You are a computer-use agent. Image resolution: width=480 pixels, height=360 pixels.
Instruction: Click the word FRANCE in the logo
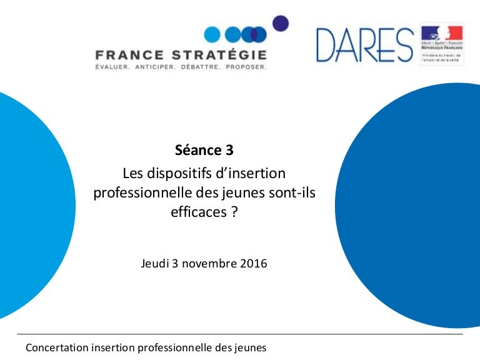128,54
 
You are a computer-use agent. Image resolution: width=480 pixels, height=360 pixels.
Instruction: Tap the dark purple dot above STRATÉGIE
281,23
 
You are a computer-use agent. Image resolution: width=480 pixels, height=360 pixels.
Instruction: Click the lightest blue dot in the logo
212,34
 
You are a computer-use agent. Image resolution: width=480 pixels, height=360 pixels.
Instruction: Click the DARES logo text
364,45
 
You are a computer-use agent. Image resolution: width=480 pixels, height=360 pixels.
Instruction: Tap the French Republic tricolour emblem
441,32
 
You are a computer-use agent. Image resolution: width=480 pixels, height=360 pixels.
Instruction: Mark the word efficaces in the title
198,212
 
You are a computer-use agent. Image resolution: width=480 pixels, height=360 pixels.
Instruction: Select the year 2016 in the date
253,263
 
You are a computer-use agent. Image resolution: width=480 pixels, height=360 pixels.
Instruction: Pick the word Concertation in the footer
56,347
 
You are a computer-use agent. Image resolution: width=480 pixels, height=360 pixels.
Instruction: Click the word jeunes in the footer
251,347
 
